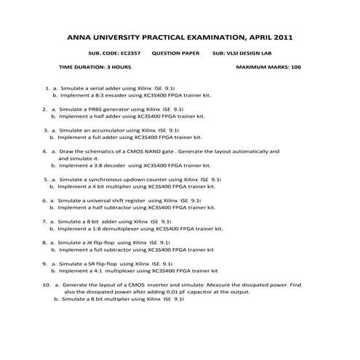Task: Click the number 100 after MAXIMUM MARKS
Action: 295,67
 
